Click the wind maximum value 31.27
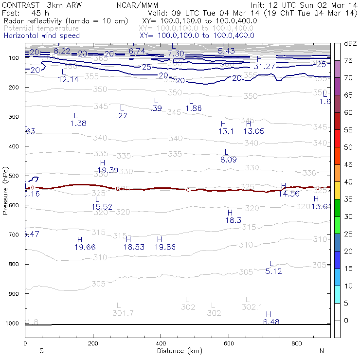pyautogui.click(x=265, y=66)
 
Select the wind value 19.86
pyautogui.click(x=165, y=247)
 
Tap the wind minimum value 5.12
pyautogui.click(x=273, y=271)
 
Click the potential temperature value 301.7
pyautogui.click(x=123, y=313)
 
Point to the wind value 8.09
pyautogui.click(x=229, y=159)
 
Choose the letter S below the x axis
pyautogui.click(x=42, y=351)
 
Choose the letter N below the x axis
pyautogui.click(x=321, y=351)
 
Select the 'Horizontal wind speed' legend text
pyautogui.click(x=41, y=36)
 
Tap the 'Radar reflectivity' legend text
pyautogui.click(x=66, y=21)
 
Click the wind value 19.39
pyautogui.click(x=108, y=170)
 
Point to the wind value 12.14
pyautogui.click(x=68, y=79)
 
